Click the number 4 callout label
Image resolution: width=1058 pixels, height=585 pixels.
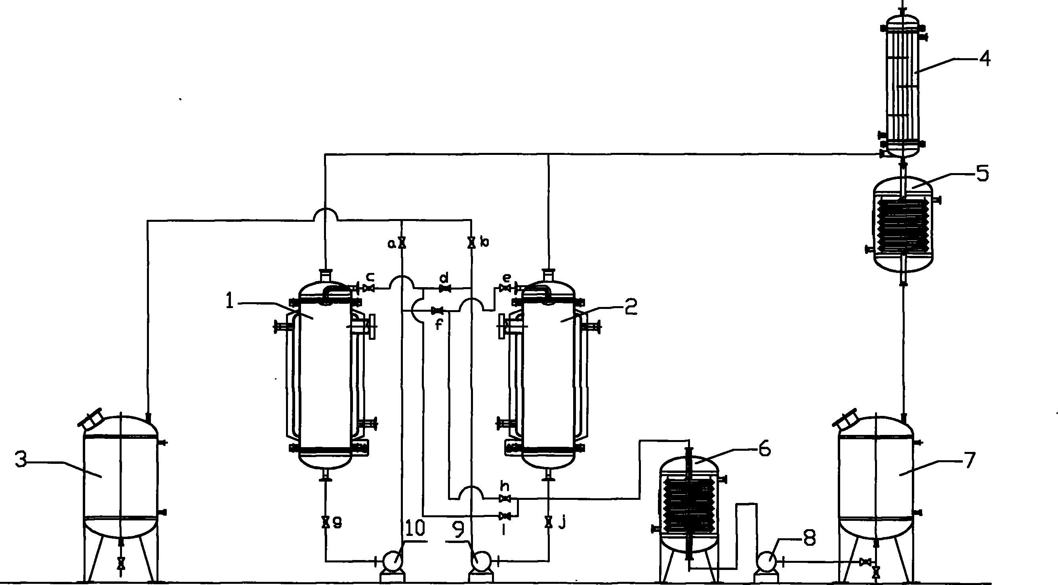pyautogui.click(x=984, y=59)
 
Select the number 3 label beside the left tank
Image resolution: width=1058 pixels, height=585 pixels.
pyautogui.click(x=21, y=459)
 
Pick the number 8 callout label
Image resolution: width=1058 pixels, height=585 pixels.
pyautogui.click(x=809, y=539)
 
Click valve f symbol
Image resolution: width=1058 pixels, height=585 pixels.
pyautogui.click(x=437, y=311)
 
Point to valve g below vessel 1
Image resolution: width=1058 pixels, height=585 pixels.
pyautogui.click(x=325, y=522)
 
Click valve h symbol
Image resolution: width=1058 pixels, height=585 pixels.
pyautogui.click(x=505, y=499)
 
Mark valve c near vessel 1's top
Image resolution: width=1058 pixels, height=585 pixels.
pyautogui.click(x=369, y=288)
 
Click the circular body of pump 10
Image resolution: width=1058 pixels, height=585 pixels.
pyautogui.click(x=392, y=560)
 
